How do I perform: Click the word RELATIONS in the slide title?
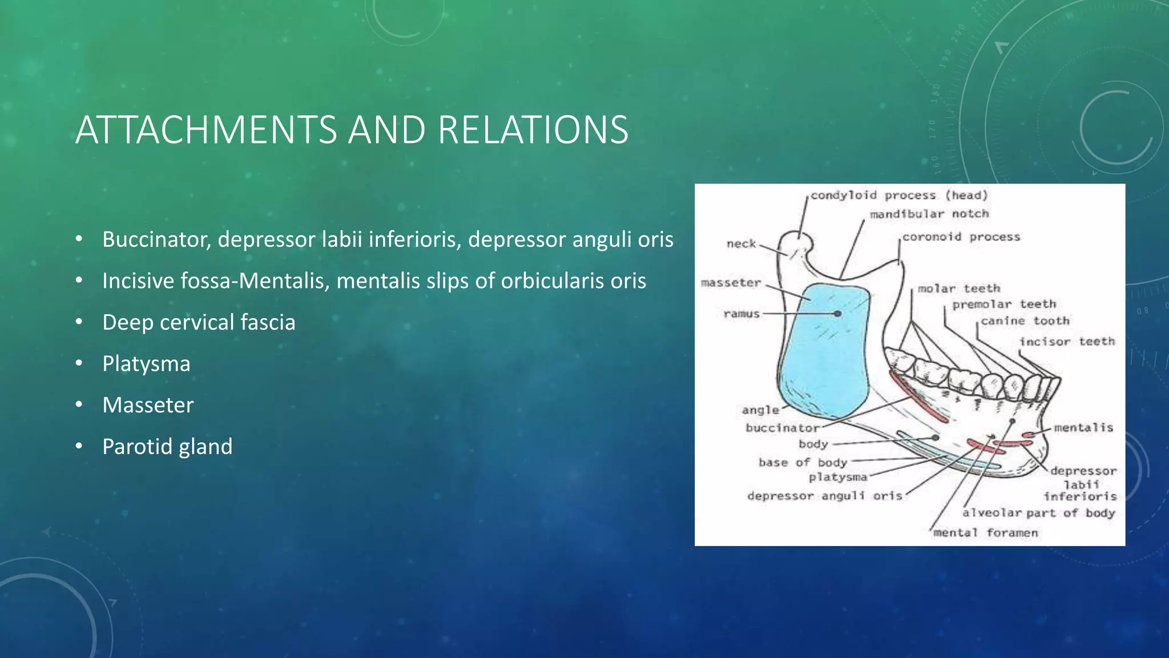click(x=533, y=130)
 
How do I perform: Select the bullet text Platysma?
click(x=146, y=364)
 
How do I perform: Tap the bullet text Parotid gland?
click(x=167, y=447)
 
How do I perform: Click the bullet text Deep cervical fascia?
click(x=199, y=323)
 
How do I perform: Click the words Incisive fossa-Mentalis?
click(x=215, y=281)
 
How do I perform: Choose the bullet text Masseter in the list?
click(x=148, y=405)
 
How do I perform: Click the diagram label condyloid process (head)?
click(x=899, y=195)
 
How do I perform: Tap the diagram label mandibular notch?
click(x=929, y=214)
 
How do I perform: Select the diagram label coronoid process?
click(x=961, y=236)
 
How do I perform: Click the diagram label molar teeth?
click(x=959, y=288)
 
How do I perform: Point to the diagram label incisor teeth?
click(x=1067, y=342)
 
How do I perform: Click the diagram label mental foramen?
click(x=986, y=533)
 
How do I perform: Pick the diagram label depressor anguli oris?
click(x=825, y=496)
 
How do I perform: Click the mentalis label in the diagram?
click(x=1083, y=427)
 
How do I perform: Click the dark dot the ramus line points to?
click(x=837, y=314)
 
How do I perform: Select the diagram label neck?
click(x=741, y=244)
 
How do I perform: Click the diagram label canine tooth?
click(x=1025, y=321)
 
